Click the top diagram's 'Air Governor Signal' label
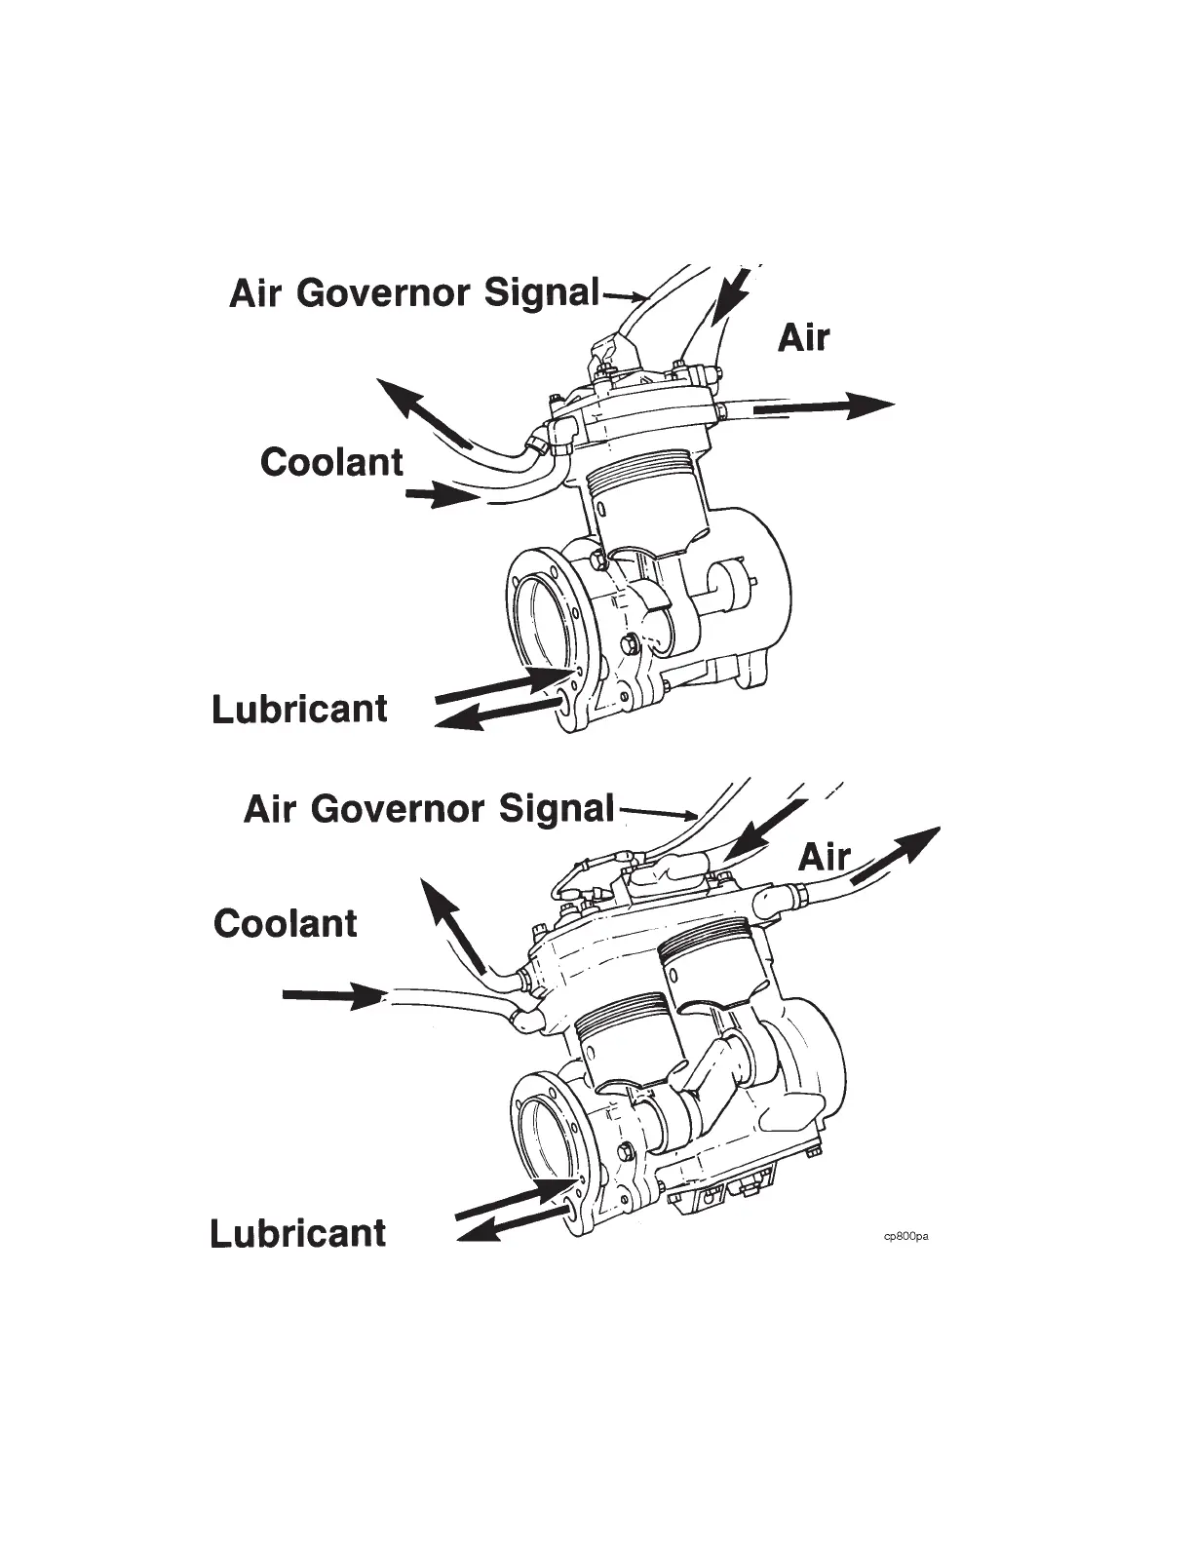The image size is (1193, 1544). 414,291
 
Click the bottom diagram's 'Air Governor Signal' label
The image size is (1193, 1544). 429,808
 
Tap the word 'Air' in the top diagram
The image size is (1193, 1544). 804,337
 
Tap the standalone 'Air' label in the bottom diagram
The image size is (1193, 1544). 825,857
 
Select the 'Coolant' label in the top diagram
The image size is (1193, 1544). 331,461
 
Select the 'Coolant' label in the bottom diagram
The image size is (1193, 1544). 286,922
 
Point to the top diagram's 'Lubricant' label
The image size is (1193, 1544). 299,709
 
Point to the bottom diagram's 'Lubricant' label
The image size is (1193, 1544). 298,1233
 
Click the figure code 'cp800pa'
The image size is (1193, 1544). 905,1236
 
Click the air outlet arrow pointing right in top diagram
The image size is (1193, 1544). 824,406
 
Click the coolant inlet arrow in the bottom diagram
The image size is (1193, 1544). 330,996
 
